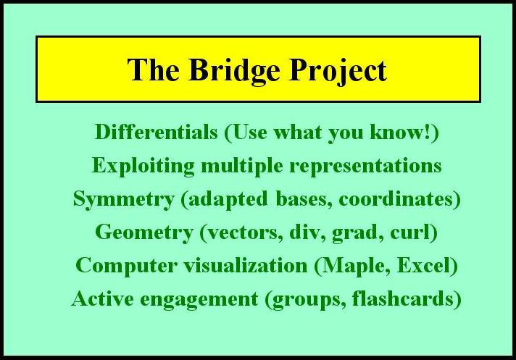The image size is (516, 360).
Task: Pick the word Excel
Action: (x=428, y=266)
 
